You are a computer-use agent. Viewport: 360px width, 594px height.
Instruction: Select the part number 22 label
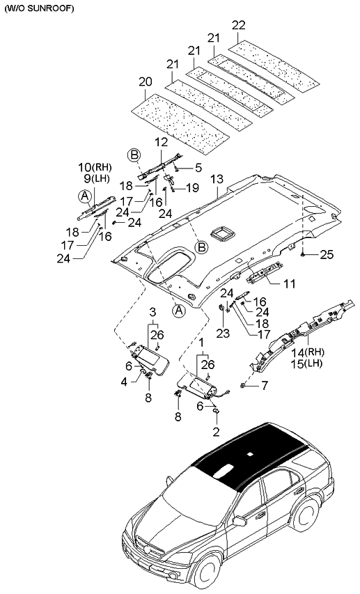(238, 26)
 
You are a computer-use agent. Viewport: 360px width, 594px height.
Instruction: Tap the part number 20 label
(144, 81)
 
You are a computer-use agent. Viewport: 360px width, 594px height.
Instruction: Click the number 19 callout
(192, 187)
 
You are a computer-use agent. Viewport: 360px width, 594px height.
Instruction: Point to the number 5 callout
(198, 167)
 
